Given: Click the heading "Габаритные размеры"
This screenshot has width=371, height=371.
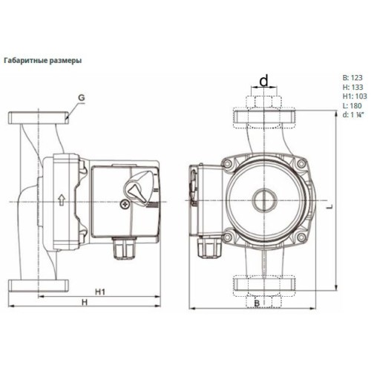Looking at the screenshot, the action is coord(42,61).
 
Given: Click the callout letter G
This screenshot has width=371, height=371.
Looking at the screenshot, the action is coord(82,98).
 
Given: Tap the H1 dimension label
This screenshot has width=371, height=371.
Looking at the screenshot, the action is coord(100,292).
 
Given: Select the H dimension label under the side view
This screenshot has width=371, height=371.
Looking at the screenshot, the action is coord(85,302).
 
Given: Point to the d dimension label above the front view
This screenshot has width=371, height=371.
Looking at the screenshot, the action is coord(264,81).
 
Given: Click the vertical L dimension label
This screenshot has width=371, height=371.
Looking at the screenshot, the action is coord(329,206).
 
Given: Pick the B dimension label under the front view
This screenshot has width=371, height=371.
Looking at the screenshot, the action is coord(257,303).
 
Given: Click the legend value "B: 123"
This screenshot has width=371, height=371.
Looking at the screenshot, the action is coord(352,78).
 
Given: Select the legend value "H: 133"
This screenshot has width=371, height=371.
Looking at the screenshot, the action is coord(353,87).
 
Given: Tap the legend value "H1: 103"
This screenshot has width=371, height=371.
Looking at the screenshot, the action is coord(355,96).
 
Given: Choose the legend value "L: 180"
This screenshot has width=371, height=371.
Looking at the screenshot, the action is coord(352,106).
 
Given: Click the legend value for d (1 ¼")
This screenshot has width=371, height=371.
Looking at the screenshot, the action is coord(352,115).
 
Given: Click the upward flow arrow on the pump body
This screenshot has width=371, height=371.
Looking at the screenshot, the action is coord(61,200).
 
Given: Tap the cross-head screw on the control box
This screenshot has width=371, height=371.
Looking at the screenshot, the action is coord(125,204).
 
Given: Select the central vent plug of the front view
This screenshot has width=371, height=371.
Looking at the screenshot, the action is coord(264,200).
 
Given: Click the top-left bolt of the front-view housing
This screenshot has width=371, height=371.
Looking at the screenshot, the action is coord(227,163).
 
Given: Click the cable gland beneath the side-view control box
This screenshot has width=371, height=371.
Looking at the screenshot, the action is coord(124,248).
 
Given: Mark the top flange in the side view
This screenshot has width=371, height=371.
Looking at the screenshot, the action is coord(39,118).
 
